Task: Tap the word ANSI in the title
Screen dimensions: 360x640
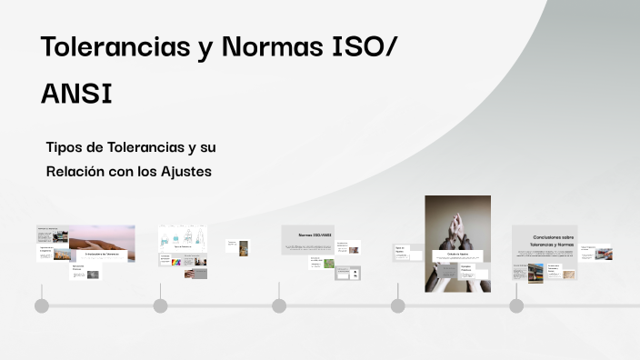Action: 76,94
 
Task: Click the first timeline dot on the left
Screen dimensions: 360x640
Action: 42,305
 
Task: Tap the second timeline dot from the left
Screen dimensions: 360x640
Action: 160,305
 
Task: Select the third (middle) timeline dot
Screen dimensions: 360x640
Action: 279,305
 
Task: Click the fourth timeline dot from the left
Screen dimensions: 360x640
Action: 397,305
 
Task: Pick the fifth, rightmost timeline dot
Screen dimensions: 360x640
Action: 516,305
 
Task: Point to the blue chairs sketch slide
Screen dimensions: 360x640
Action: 183,238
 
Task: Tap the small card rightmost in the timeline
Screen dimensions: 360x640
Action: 599,254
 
